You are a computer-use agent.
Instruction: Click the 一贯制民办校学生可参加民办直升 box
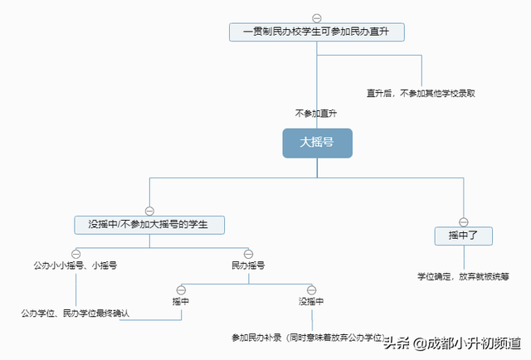pos(316,32)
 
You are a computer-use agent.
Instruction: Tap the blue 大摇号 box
pos(317,143)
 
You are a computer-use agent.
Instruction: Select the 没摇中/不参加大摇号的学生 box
pos(149,224)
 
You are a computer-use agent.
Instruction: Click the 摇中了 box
pos(464,236)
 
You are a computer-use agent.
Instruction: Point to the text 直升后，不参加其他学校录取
pos(421,93)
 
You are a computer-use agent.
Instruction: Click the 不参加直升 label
pos(315,113)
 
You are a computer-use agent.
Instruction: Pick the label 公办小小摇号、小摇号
pos(75,265)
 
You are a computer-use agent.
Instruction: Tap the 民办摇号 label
pos(248,265)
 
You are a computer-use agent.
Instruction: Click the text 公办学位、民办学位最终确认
pos(76,314)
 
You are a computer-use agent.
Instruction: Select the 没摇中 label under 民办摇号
pos(311,301)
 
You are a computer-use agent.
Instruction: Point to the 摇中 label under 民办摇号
pos(181,301)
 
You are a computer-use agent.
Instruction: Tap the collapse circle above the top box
pos(316,17)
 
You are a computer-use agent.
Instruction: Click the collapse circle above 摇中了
pos(464,221)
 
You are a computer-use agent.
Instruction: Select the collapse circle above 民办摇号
pos(248,252)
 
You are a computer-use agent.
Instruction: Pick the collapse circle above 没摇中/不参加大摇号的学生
pos(149,210)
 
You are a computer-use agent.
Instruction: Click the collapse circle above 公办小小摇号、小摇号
pos(76,252)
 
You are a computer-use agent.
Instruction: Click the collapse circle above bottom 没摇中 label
pos(311,289)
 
